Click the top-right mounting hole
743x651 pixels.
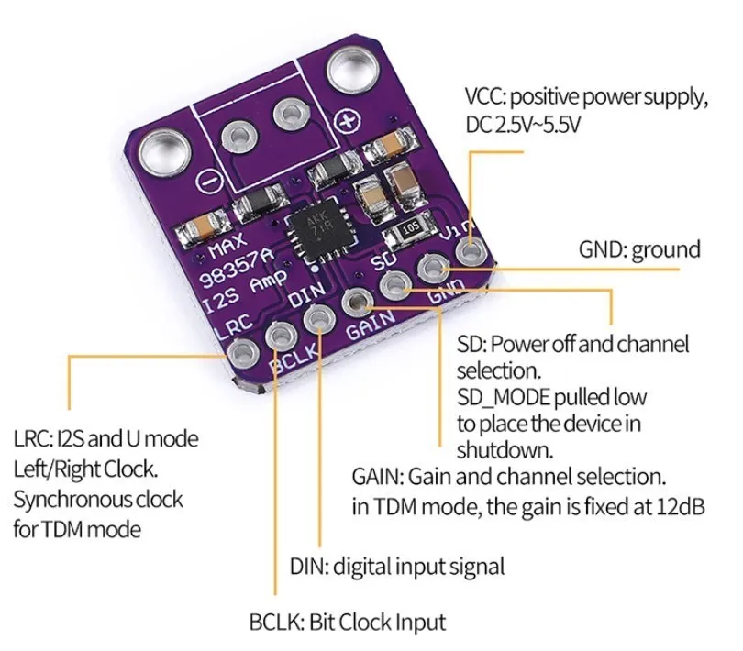pos(352,70)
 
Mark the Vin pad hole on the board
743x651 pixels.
pos(470,250)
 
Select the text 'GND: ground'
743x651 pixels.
pos(639,248)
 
